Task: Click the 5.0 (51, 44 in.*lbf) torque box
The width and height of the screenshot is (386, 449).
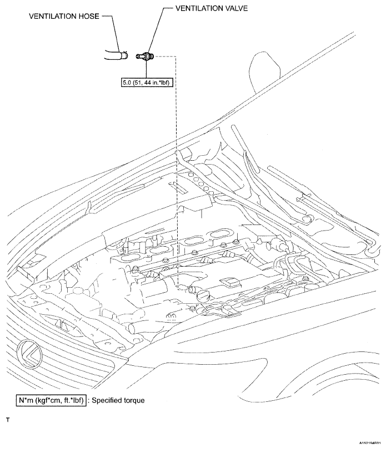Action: (x=146, y=82)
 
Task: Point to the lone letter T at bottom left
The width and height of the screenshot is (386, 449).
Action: (x=8, y=420)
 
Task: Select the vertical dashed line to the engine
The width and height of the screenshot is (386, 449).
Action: (x=177, y=166)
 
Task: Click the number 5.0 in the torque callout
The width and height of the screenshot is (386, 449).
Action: (x=128, y=82)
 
